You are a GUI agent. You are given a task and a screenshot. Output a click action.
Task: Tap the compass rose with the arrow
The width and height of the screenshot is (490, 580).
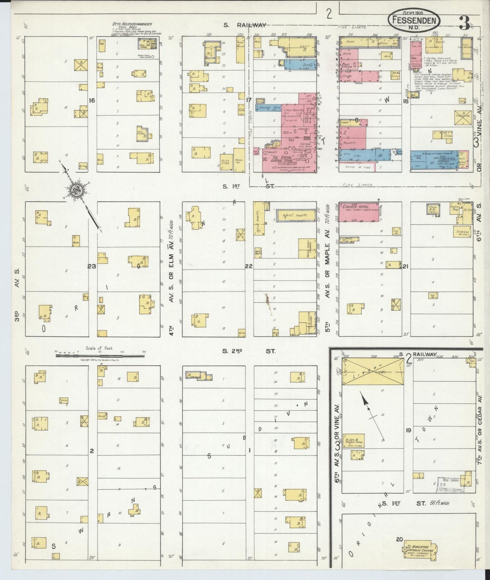click(x=78, y=191)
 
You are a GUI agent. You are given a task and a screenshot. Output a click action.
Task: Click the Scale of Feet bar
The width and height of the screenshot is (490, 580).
click(x=100, y=356)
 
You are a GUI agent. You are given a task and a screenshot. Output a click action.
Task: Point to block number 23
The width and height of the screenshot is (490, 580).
click(x=92, y=266)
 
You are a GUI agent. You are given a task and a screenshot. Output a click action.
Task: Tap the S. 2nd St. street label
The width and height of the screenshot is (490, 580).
click(x=250, y=351)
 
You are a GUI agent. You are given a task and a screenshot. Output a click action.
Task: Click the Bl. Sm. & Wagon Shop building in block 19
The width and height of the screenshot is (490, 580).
click(x=353, y=440)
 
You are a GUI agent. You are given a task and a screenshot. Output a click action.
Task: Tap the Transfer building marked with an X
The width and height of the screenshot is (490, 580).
click(x=463, y=118)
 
